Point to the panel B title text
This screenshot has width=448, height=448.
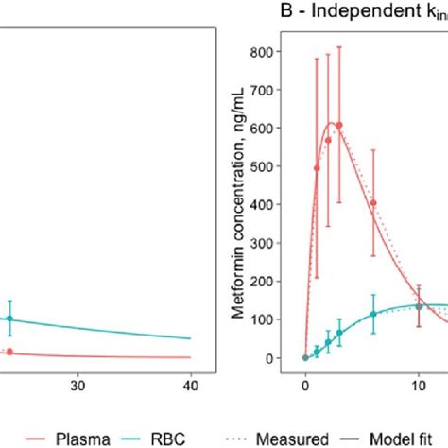click(x=364, y=13)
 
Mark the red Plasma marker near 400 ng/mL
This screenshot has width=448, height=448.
click(x=373, y=202)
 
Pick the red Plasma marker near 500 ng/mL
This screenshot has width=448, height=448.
click(x=317, y=168)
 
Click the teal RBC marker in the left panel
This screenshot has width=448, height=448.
click(x=10, y=319)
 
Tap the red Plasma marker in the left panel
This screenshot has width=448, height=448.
click(x=10, y=352)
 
